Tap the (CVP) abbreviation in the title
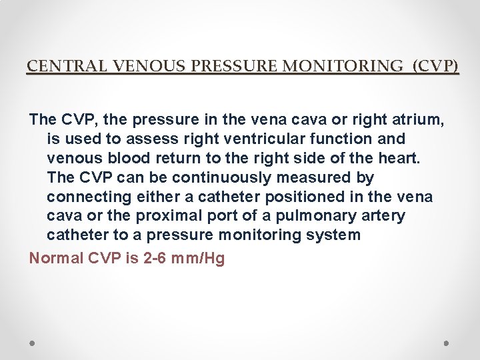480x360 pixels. (436, 66)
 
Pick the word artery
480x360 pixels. (381, 216)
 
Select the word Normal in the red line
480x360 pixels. (56, 258)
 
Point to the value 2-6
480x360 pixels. (157, 258)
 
